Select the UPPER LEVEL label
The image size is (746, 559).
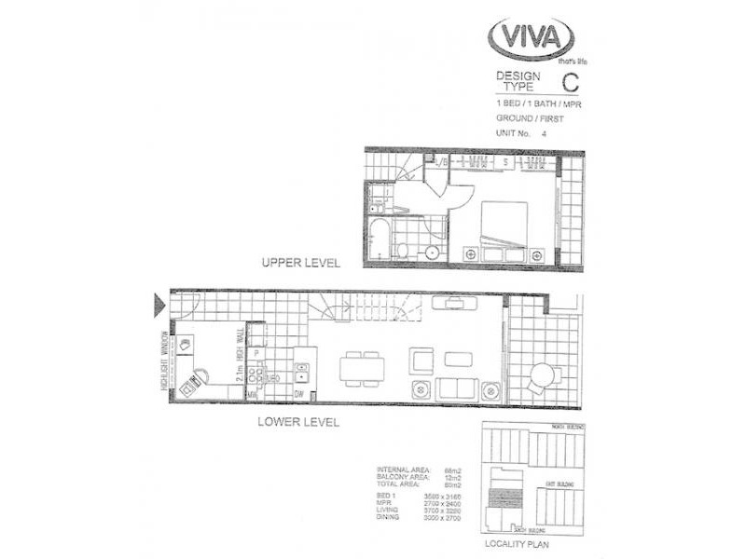point(301,263)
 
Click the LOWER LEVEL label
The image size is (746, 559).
point(298,422)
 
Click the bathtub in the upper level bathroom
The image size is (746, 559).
point(379,238)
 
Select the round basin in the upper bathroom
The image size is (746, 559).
point(433,254)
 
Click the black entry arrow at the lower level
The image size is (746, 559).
point(159,305)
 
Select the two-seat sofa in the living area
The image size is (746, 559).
point(457,389)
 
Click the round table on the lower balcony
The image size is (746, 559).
point(542,375)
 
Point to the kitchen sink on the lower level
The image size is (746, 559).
point(302,371)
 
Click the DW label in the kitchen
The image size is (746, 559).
point(299,395)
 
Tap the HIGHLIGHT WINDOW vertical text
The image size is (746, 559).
point(164,359)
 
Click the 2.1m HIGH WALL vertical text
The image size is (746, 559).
point(240,358)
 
